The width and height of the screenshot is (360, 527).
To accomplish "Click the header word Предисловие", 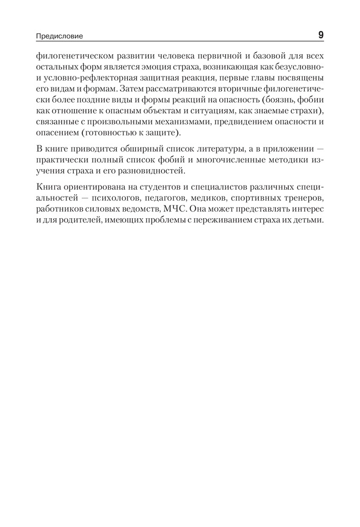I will [x=60, y=36].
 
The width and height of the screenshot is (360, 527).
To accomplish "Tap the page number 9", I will [x=320, y=35].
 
